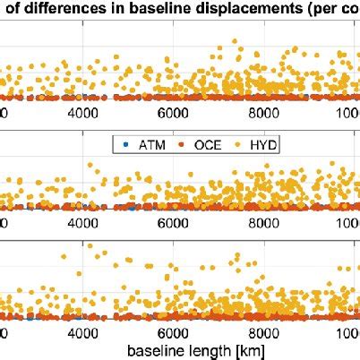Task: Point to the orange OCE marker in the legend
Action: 175,143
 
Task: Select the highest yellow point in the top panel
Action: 235,41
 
